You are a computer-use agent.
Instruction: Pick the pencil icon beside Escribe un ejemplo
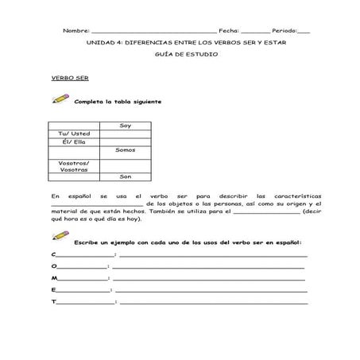pyautogui.click(x=60, y=237)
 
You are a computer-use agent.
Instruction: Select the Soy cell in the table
pyautogui.click(x=125, y=126)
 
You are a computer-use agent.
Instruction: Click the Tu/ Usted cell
pyautogui.click(x=74, y=134)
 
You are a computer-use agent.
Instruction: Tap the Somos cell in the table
pyautogui.click(x=125, y=150)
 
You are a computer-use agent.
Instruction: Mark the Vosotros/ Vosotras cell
pyautogui.click(x=74, y=165)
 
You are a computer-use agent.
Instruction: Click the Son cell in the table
pyautogui.click(x=125, y=176)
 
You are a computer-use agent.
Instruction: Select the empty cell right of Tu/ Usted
pyautogui.click(x=125, y=134)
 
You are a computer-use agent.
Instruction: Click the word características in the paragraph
pyautogui.click(x=285, y=195)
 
